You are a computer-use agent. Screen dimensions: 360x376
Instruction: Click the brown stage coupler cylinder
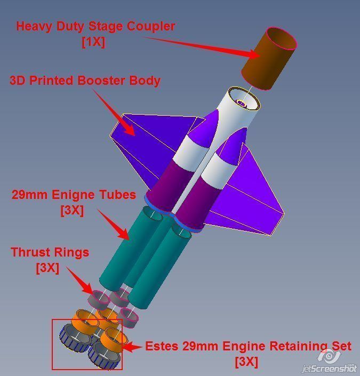point(269,58)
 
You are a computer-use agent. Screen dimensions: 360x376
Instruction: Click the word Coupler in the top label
point(151,26)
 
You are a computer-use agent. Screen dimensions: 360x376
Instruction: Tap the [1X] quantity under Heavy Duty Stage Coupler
point(93,42)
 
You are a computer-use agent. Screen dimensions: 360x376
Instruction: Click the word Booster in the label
point(102,81)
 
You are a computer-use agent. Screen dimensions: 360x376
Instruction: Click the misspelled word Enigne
point(74,195)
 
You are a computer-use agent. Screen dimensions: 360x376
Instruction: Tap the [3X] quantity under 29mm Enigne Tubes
point(72,211)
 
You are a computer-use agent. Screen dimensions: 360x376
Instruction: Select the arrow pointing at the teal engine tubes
point(114,225)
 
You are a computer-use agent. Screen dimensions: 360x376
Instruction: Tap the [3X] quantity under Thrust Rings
point(47,268)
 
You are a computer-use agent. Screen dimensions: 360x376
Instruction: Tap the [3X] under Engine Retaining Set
point(246,362)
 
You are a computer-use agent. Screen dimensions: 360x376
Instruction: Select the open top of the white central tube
point(244,99)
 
